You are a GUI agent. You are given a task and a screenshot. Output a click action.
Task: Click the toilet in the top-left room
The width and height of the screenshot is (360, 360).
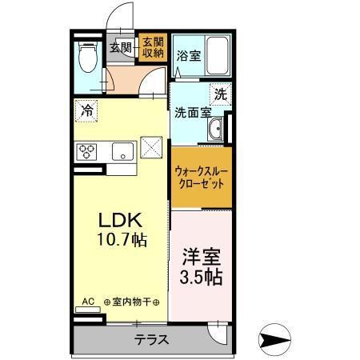88,56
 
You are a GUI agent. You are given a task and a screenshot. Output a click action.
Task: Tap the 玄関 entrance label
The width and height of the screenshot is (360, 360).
120,47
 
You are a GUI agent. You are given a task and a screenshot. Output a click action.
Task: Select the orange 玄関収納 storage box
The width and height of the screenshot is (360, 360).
152,47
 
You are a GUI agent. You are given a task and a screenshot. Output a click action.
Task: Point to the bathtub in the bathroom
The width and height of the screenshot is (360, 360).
216,54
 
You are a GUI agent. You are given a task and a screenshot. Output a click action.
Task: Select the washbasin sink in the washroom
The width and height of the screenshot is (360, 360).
216,130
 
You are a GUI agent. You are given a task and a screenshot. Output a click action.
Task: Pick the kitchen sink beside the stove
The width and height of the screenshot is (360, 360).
122,150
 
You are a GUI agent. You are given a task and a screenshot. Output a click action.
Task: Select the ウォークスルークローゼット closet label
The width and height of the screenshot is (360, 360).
203,176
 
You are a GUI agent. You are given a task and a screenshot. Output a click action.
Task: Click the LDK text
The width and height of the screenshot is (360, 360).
120,218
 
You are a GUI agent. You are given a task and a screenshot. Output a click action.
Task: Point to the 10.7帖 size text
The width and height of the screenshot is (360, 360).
120,238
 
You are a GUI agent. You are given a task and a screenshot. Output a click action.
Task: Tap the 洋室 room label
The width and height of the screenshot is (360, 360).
201,258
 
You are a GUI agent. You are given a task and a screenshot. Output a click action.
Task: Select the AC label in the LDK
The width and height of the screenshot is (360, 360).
88,302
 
